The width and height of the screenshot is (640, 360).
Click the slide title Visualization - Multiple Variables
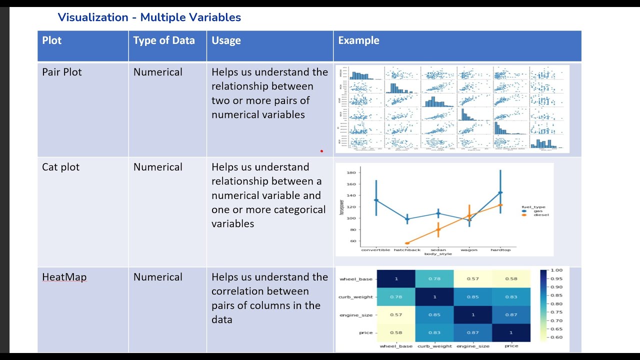pos(149,17)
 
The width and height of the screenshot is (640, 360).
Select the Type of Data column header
pos(163,40)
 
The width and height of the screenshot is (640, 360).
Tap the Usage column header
pos(226,40)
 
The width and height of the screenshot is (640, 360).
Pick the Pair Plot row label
pos(62,72)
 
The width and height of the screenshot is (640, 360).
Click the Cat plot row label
pos(60,167)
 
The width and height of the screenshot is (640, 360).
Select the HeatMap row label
pos(64,277)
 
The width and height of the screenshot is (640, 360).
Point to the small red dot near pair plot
pos(321,150)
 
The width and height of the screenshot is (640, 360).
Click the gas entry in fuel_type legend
pos(537,211)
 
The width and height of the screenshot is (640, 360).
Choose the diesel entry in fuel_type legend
pos(540,215)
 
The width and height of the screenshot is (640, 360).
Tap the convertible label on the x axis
pos(376,249)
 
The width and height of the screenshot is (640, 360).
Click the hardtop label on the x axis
pos(500,249)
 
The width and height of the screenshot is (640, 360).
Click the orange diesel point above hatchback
pos(407,243)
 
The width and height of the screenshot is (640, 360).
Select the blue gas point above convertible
pos(376,200)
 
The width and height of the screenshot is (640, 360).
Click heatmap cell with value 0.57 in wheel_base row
pos(472,278)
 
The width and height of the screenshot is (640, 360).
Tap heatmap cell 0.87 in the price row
pos(472,332)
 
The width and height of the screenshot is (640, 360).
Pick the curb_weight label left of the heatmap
pos(356,297)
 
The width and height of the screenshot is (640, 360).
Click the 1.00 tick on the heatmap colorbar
pos(556,270)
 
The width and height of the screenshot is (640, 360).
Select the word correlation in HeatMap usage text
pos(235,291)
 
